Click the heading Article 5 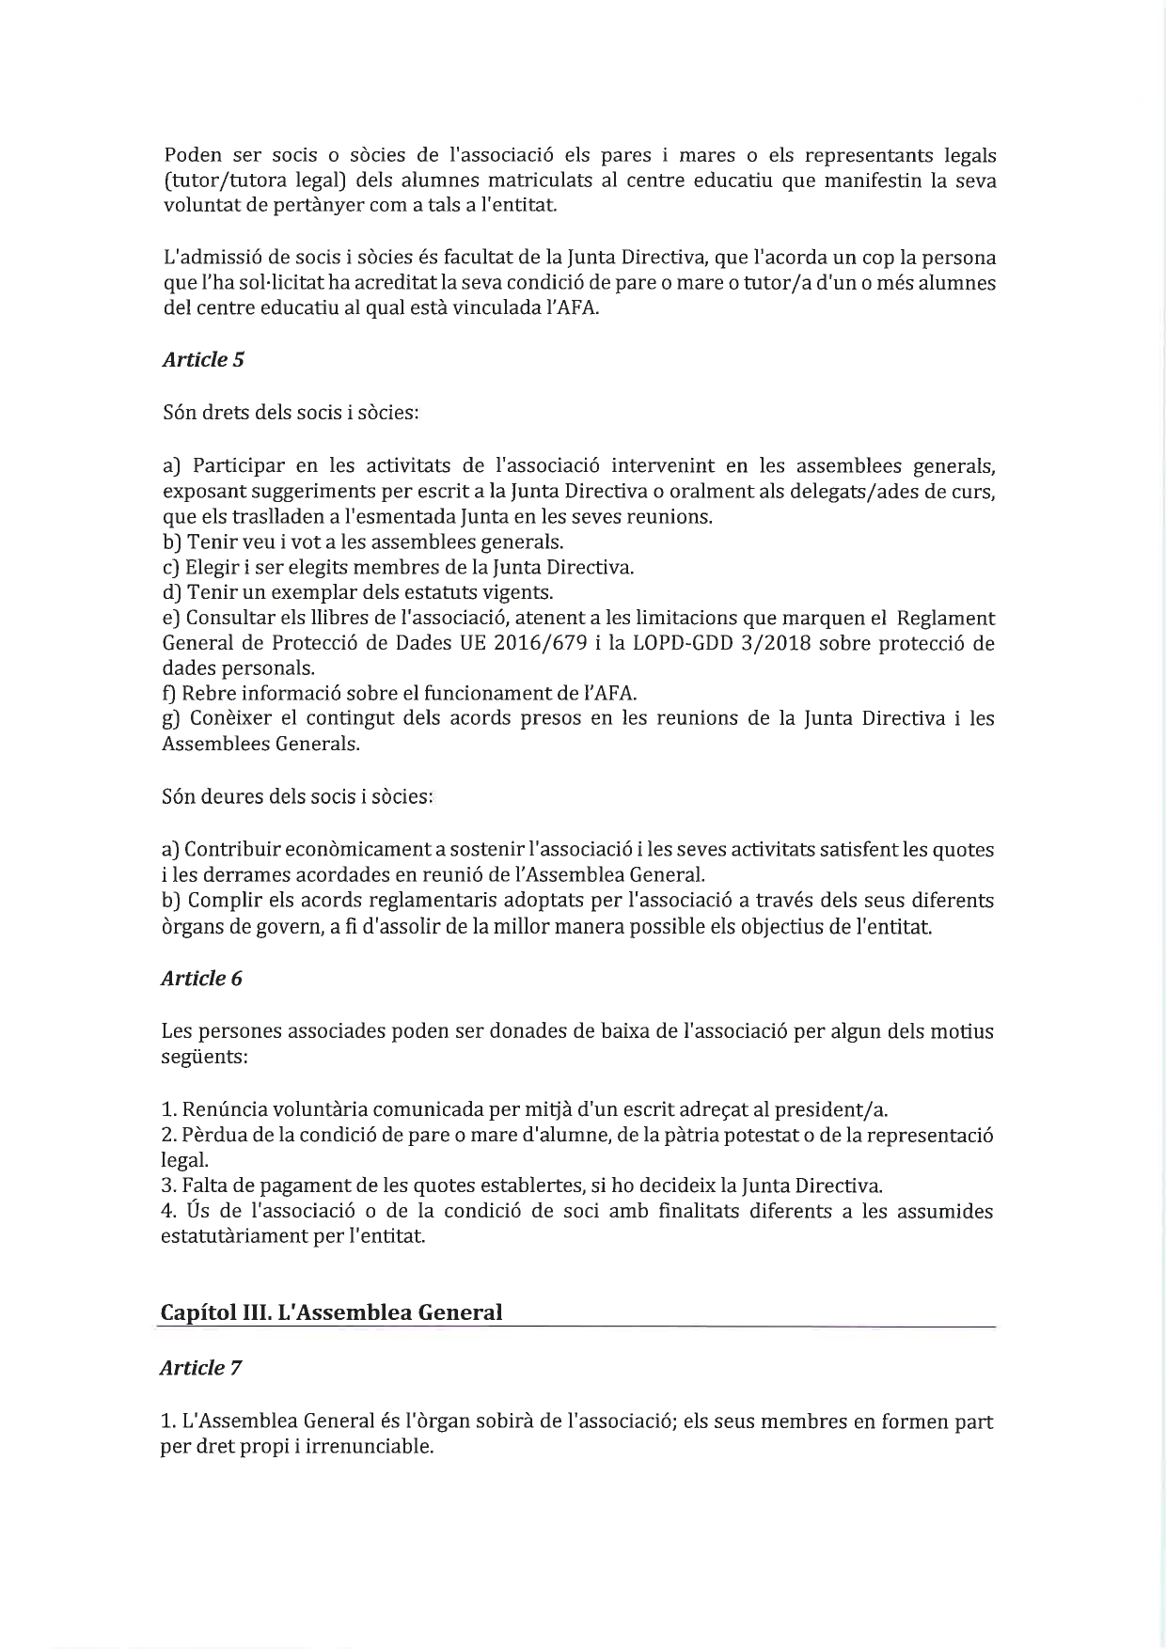point(203,360)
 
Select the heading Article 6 point(201,979)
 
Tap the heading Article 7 point(200,1368)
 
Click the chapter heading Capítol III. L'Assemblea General point(331,1312)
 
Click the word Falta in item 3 point(203,1186)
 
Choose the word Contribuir point(228,850)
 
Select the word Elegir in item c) point(209,568)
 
